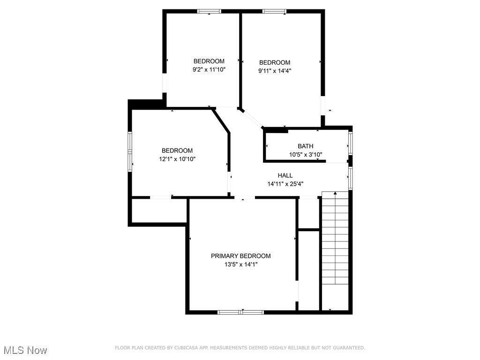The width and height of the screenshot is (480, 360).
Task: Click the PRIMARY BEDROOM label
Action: (240, 256)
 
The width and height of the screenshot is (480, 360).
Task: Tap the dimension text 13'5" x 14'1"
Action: (240, 264)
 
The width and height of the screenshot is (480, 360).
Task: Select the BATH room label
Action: (305, 146)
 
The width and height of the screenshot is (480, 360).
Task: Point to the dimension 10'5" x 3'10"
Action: (305, 155)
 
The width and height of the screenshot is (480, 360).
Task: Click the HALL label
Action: (285, 175)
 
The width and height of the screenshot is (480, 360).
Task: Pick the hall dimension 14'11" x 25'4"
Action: (285, 184)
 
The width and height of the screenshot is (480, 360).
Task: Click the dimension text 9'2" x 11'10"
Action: (209, 69)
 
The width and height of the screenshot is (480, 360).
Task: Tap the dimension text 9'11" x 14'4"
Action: (275, 71)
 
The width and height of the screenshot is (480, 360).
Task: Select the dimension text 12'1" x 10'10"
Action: (177, 159)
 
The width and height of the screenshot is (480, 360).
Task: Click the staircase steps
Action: (335, 239)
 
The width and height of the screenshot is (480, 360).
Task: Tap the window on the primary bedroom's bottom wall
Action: (240, 312)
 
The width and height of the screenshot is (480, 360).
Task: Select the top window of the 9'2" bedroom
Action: (209, 11)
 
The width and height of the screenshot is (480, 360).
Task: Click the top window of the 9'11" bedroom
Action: (274, 11)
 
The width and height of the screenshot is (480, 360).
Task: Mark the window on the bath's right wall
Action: (350, 142)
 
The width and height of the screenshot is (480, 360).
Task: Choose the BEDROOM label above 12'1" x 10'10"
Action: (177, 150)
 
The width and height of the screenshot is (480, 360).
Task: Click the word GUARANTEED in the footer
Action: (348, 348)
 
